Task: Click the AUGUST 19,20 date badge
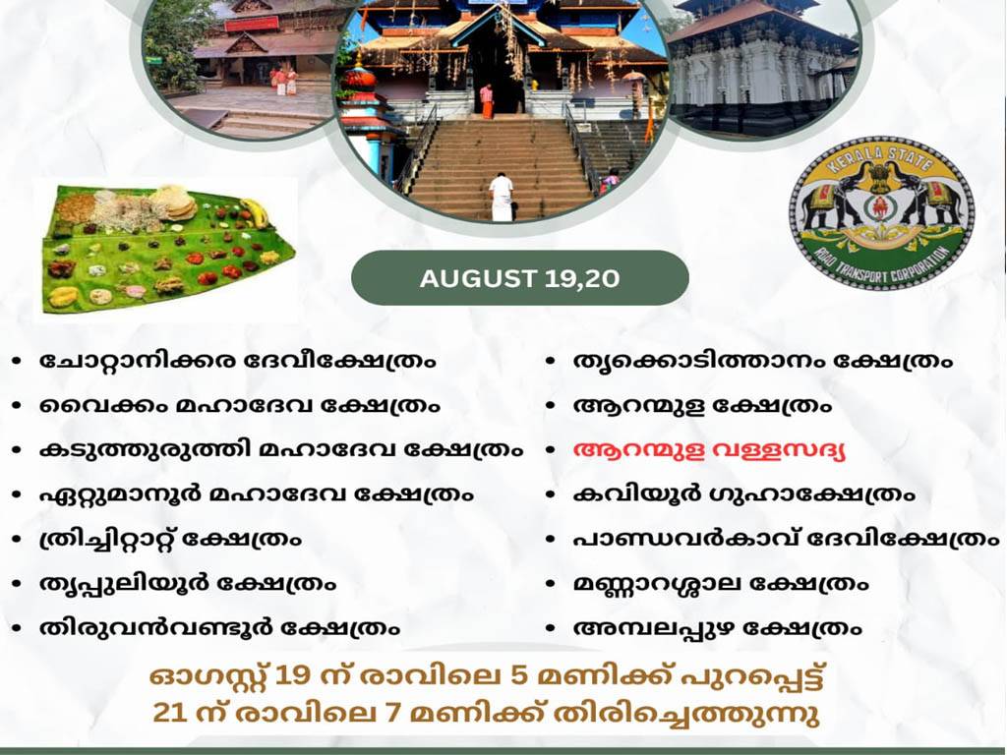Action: click(519, 278)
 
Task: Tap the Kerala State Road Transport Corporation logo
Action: click(881, 213)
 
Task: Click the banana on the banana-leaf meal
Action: click(254, 212)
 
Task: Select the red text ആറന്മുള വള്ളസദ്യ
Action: click(709, 450)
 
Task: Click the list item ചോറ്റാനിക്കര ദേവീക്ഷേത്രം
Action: click(238, 360)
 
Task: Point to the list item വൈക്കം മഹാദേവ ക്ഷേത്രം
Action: click(240, 405)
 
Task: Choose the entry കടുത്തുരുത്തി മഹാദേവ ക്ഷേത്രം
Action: click(281, 449)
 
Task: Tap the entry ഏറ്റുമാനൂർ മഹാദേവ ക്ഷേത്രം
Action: click(257, 494)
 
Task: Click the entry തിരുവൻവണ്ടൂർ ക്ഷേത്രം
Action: click(219, 627)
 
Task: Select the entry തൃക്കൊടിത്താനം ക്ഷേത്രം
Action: click(763, 361)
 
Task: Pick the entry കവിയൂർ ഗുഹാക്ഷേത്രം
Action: click(743, 494)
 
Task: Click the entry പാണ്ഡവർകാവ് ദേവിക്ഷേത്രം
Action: click(787, 538)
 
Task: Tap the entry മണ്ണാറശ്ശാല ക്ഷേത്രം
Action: click(721, 583)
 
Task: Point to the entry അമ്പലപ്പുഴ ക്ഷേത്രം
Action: click(717, 627)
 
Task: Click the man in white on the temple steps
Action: click(501, 197)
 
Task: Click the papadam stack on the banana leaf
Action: click(173, 201)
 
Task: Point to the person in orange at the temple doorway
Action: click(487, 101)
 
